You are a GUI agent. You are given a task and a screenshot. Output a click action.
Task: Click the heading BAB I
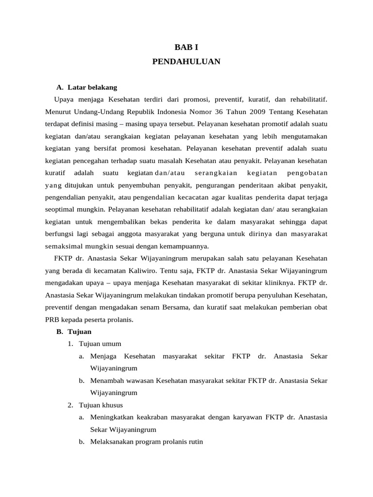pyautogui.click(x=186, y=47)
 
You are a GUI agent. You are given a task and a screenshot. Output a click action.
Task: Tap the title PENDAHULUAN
pyautogui.click(x=186, y=62)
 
